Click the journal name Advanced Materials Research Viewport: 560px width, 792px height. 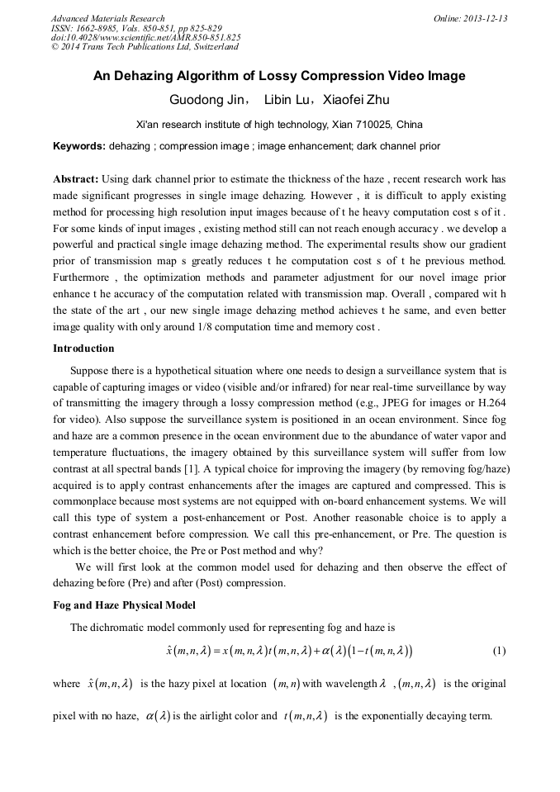tap(107, 18)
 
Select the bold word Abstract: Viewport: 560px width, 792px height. tap(76, 178)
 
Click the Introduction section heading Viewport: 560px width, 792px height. tap(83, 349)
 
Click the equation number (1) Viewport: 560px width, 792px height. tap(499, 651)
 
